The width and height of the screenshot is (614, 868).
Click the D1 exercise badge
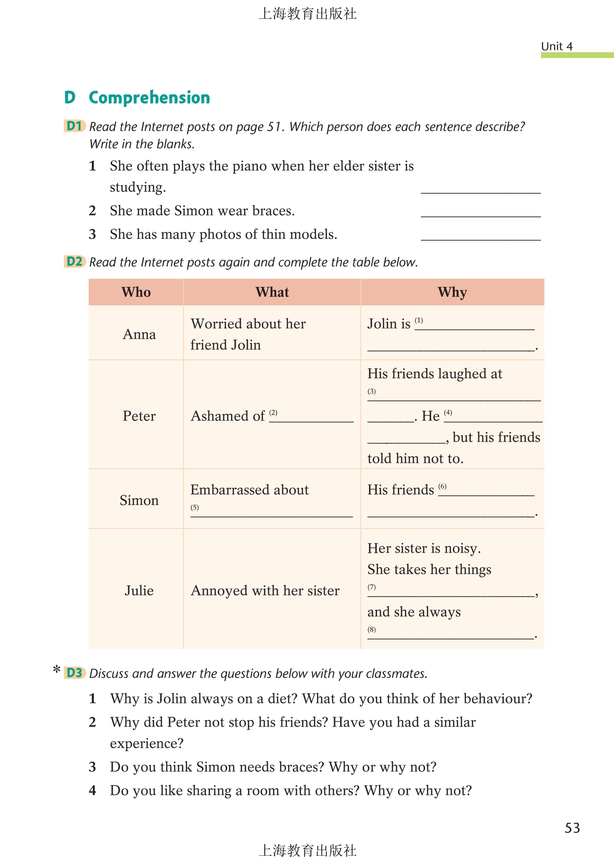click(x=74, y=126)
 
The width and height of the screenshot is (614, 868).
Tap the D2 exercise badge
click(x=74, y=262)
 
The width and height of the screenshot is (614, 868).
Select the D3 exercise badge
click(x=74, y=673)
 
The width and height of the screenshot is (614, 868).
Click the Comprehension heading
click(x=149, y=98)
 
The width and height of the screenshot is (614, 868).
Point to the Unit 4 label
click(x=557, y=46)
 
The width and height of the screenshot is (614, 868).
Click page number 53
click(x=572, y=828)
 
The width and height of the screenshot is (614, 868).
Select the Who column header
click(x=136, y=292)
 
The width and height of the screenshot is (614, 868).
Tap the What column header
click(x=272, y=292)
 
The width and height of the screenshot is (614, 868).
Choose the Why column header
click(x=452, y=292)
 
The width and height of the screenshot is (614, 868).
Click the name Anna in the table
click(x=139, y=334)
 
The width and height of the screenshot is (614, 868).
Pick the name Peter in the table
click(x=139, y=416)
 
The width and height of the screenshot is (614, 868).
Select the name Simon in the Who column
click(x=139, y=500)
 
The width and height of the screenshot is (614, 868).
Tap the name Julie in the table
click(x=139, y=590)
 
